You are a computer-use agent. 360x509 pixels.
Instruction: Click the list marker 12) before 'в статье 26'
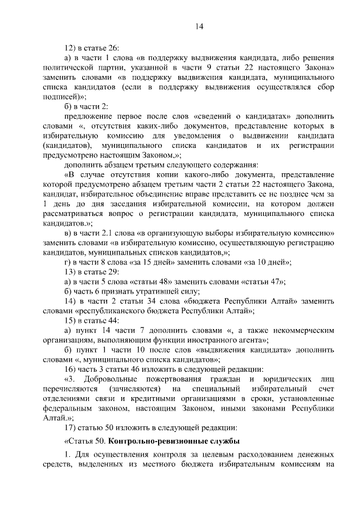tap(71, 48)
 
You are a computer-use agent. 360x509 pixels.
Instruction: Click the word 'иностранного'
tap(206, 340)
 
